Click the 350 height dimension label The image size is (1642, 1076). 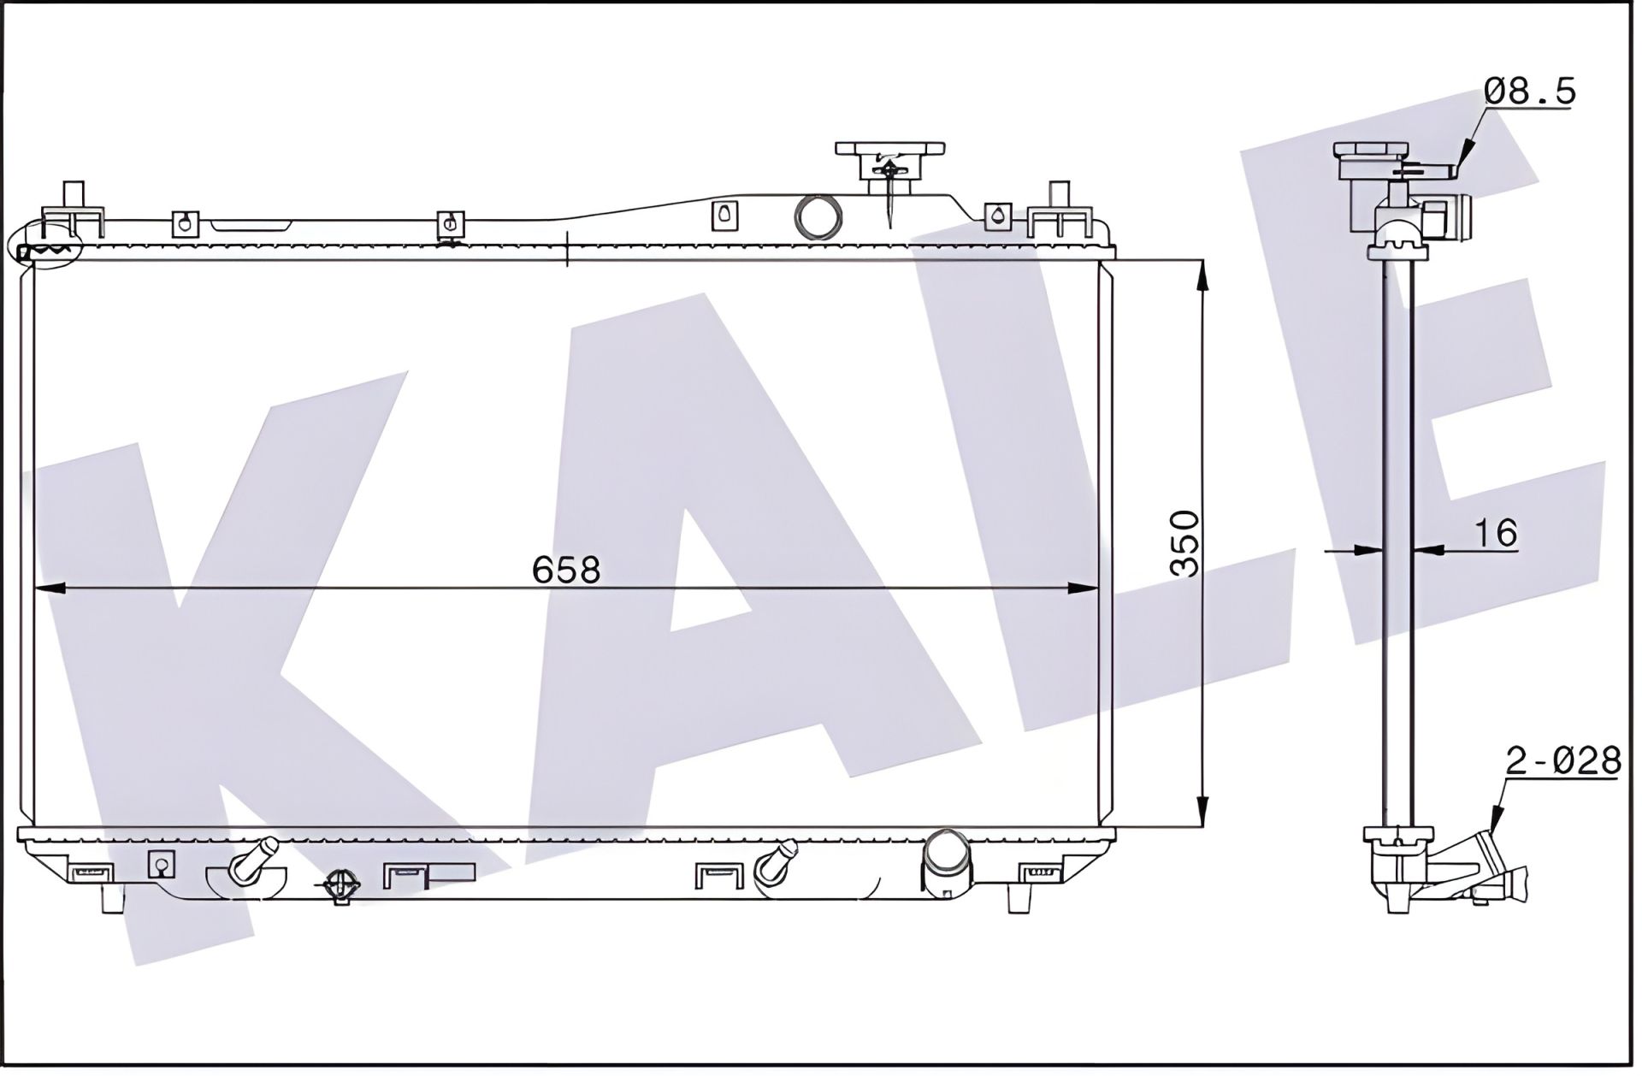click(1185, 544)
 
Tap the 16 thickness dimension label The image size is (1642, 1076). click(1496, 533)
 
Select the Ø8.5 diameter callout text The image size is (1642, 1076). click(1529, 92)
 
